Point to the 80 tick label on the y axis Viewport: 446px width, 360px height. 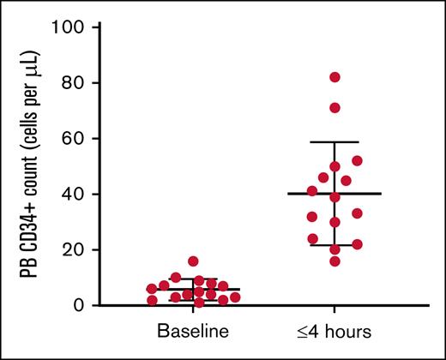click(x=74, y=83)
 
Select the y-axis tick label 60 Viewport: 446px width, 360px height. click(x=74, y=138)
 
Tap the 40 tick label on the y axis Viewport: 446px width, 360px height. click(x=74, y=194)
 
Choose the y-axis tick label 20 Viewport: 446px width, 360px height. click(x=74, y=249)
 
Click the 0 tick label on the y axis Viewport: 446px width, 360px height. click(x=79, y=305)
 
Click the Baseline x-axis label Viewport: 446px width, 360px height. click(x=193, y=331)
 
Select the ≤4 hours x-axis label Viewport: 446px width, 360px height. click(x=334, y=331)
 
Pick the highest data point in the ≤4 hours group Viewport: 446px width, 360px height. click(x=334, y=77)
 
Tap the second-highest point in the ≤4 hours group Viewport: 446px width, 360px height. click(x=334, y=108)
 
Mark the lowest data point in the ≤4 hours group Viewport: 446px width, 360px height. click(x=334, y=261)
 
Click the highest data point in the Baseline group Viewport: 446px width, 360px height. click(x=194, y=261)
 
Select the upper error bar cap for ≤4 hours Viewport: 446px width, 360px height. click(x=334, y=142)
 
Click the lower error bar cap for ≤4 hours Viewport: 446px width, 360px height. click(x=334, y=245)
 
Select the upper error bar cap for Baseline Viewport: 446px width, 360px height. click(x=194, y=279)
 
